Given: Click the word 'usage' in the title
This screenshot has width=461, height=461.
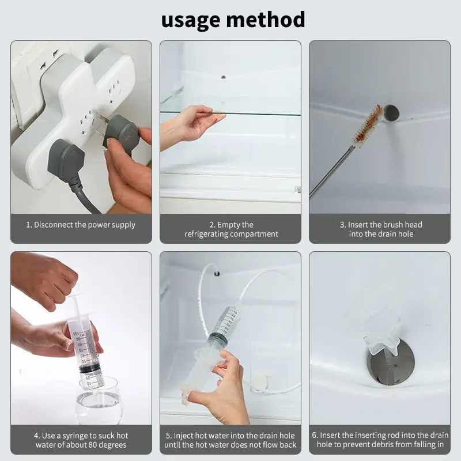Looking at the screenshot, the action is (x=191, y=20).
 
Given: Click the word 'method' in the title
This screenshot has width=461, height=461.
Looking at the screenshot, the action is (x=266, y=20).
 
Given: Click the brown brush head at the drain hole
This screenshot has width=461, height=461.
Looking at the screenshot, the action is (x=368, y=123).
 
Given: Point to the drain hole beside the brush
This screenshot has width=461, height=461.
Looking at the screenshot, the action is (x=392, y=112).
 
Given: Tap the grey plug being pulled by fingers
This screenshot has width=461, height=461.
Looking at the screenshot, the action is (x=121, y=133).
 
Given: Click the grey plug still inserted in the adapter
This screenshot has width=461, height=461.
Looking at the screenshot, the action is (x=66, y=160).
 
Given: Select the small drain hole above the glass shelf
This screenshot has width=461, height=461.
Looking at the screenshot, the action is (x=224, y=77).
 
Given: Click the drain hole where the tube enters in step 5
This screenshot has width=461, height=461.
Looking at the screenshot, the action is (x=217, y=274).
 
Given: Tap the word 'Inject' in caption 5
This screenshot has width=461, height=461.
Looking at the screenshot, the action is (x=183, y=436).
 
